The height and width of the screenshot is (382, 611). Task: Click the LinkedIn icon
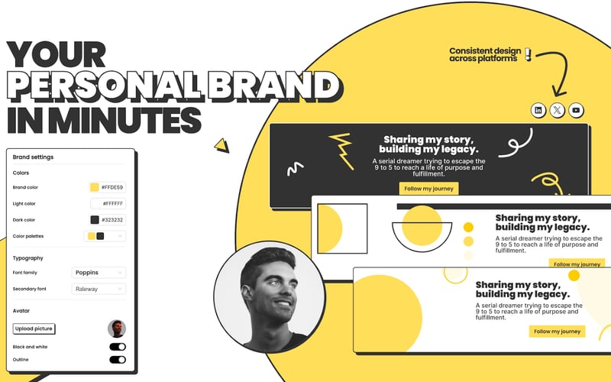coord(538,110)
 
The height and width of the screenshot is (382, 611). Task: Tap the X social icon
coord(558,110)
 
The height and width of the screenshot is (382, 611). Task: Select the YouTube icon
coord(577,110)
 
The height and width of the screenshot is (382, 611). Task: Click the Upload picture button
coord(34,329)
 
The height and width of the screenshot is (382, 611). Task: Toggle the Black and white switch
coord(118,347)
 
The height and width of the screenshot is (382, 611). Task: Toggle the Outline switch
coord(118,359)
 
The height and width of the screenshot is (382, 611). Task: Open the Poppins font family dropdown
coord(99,272)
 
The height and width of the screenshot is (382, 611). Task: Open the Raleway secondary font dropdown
coord(99,289)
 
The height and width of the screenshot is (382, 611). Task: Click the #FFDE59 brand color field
coord(108,187)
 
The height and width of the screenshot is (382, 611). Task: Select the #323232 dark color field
coord(108,220)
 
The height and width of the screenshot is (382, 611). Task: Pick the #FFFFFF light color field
coord(108,204)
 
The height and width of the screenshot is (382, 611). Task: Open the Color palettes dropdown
coord(105,236)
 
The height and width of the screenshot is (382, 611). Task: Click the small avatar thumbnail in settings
coord(117,329)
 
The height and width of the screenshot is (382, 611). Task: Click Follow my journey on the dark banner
coord(428,189)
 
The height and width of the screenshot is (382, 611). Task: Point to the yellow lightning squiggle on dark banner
coord(340,151)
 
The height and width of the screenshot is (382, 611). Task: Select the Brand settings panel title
coord(33,157)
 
